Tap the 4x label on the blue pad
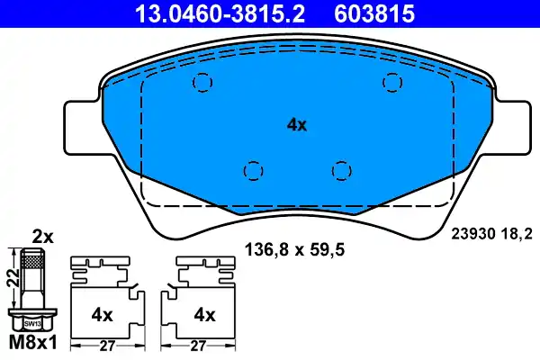click(x=296, y=125)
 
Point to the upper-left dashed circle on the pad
click(x=202, y=83)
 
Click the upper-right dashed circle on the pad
click(x=391, y=82)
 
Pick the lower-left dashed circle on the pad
click(x=253, y=169)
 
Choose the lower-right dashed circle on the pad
click(x=339, y=169)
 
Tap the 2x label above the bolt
click(x=43, y=237)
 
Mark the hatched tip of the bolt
click(x=33, y=262)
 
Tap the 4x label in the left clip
click(x=101, y=315)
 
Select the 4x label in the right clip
click(x=205, y=315)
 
